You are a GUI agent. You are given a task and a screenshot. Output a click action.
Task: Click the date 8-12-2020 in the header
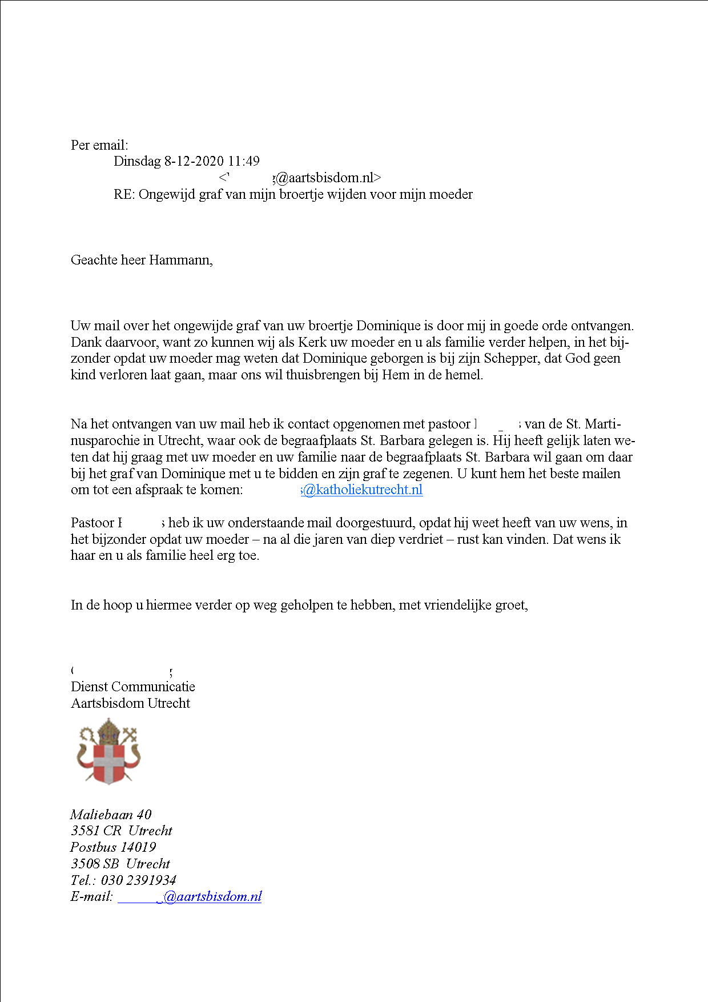pyautogui.click(x=194, y=161)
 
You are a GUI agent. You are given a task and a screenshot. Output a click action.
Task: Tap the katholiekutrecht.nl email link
pyautogui.click(x=362, y=490)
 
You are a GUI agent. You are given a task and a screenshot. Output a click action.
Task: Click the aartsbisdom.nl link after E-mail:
pyautogui.click(x=190, y=896)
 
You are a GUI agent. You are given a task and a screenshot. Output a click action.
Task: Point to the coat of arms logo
pyautogui.click(x=108, y=752)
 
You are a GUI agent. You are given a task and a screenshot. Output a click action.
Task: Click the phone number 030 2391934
pyautogui.click(x=139, y=880)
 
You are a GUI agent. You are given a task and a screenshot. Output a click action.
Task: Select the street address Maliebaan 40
pyautogui.click(x=111, y=815)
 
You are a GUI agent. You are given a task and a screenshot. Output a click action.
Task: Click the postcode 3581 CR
pyautogui.click(x=96, y=831)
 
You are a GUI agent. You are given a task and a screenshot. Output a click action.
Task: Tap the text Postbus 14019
pyautogui.click(x=113, y=847)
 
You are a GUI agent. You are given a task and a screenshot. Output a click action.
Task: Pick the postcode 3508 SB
pyautogui.click(x=95, y=864)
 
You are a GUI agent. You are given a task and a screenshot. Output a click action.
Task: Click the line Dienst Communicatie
pyautogui.click(x=133, y=687)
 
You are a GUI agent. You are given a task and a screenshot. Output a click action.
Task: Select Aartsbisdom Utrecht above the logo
pyautogui.click(x=130, y=703)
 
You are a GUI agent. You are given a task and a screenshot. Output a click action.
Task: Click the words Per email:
pyautogui.click(x=99, y=145)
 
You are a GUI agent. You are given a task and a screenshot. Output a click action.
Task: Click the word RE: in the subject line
pyautogui.click(x=124, y=194)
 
